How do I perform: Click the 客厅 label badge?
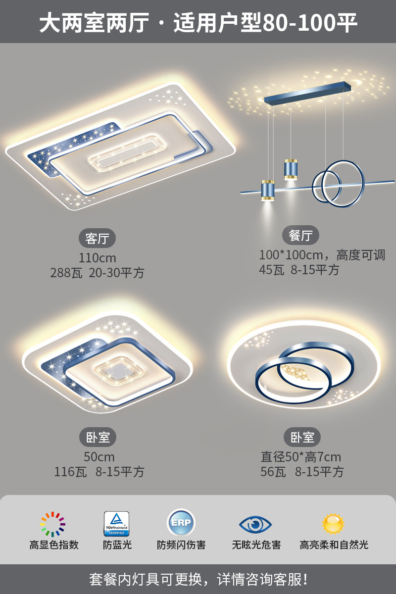click(x=97, y=239)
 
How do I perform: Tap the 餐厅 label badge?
click(x=300, y=236)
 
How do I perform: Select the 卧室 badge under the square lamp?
click(x=98, y=437)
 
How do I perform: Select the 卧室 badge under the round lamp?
click(x=302, y=437)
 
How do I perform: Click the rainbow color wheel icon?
click(x=53, y=524)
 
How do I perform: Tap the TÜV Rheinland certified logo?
click(x=116, y=524)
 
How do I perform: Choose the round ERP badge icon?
click(x=181, y=523)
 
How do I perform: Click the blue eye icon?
click(x=255, y=524)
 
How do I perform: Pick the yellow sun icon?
click(x=333, y=523)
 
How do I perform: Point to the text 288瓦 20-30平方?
click(x=97, y=273)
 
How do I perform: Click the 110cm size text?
click(x=97, y=258)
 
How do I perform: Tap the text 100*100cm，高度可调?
click(x=322, y=255)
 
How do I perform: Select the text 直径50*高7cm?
click(x=301, y=457)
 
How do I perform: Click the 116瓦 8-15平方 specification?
click(x=99, y=472)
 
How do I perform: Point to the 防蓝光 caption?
click(x=117, y=545)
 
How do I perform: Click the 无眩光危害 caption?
click(x=256, y=545)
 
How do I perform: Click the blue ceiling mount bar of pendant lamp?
click(x=310, y=93)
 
